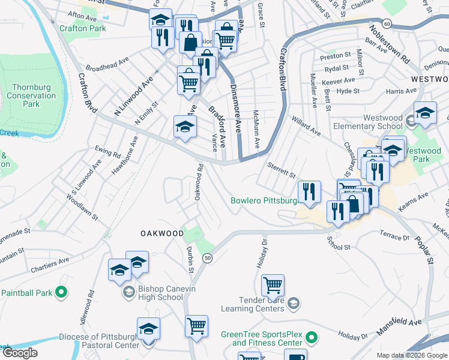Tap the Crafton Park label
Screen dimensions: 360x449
[83, 28]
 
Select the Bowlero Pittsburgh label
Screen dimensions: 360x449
[265, 200]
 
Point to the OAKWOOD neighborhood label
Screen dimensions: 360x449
[162, 233]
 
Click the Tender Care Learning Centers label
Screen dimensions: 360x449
[252, 304]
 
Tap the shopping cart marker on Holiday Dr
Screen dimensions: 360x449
[273, 285]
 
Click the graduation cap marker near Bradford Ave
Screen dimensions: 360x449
[185, 126]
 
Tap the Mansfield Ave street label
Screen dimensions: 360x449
[399, 326]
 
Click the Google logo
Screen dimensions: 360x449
[20, 353]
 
